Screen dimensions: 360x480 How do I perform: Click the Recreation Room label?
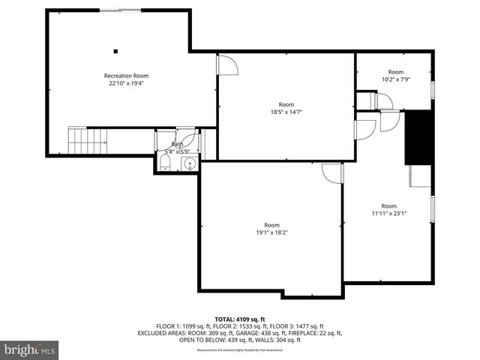[126, 76]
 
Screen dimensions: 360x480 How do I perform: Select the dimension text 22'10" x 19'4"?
[126, 83]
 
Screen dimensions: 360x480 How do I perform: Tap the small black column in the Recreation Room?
[115, 51]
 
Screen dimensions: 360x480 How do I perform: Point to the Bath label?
[177, 144]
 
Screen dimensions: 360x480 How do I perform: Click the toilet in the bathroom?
[165, 163]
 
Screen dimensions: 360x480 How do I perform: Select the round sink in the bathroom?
[190, 163]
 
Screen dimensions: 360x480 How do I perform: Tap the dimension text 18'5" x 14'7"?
[286, 112]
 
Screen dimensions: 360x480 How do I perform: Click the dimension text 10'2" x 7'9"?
[395, 79]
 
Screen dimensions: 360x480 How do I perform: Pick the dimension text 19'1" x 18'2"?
[271, 232]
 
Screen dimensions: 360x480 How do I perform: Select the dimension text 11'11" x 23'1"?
[388, 213]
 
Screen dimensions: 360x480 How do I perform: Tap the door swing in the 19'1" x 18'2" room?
[331, 173]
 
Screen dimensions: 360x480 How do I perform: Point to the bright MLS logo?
[30, 349]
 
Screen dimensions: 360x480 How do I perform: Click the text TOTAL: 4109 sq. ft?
[240, 319]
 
